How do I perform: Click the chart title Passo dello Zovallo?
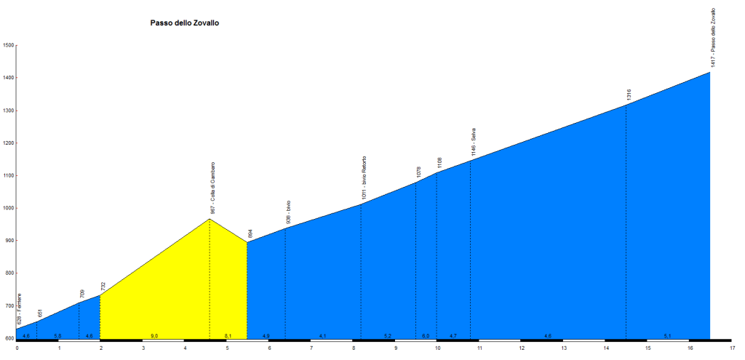[x=185, y=23]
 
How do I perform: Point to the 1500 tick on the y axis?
[x=9, y=45]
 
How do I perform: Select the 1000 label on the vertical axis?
[x=9, y=209]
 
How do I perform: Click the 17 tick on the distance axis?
[x=732, y=348]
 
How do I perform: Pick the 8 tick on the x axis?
[x=353, y=348]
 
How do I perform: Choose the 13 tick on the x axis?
[x=564, y=348]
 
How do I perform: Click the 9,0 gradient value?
[x=154, y=336]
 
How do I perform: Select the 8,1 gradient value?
[x=228, y=336]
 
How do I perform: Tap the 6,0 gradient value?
[x=426, y=336]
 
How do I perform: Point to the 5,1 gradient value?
[x=668, y=336]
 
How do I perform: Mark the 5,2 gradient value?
[x=388, y=336]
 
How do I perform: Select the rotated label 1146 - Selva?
[x=473, y=143]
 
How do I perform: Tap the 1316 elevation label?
[x=629, y=95]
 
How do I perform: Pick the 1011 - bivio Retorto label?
[x=364, y=178]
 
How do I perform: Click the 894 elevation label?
[x=250, y=233]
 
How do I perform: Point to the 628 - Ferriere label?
[x=20, y=309]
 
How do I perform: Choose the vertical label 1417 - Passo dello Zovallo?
[x=714, y=39]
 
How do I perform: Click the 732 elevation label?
[x=103, y=287]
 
